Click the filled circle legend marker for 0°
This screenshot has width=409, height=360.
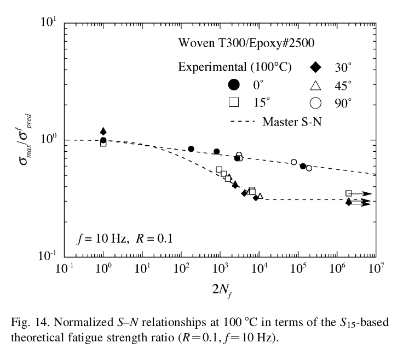pos(234,84)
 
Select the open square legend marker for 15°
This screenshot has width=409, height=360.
pos(234,102)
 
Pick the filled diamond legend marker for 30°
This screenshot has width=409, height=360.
pos(315,67)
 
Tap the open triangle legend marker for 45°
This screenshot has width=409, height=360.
pos(315,86)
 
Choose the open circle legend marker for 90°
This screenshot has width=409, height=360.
pos(315,103)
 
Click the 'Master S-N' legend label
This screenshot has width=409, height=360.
pos(292,122)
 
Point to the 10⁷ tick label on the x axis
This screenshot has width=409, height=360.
pos(376,268)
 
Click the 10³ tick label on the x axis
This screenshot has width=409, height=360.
pos(220,268)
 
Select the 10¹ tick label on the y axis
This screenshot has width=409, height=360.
pos(49,22)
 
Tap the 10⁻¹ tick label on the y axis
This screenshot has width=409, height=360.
pos(47,256)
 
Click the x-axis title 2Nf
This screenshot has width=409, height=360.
pos(222,290)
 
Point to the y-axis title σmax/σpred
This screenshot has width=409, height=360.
pos(25,139)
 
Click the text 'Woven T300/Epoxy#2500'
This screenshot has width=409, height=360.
pos(246,43)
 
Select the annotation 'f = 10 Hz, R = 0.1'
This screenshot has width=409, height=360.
pos(125,238)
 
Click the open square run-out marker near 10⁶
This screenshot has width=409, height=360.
pos(349,193)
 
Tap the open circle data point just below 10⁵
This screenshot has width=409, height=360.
pos(293,162)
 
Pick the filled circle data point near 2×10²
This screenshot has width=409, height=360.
pos(191,149)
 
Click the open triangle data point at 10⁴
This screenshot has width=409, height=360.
pos(260,196)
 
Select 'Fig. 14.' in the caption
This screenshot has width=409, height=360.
pos(30,322)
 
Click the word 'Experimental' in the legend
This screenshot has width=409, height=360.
pos(212,67)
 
